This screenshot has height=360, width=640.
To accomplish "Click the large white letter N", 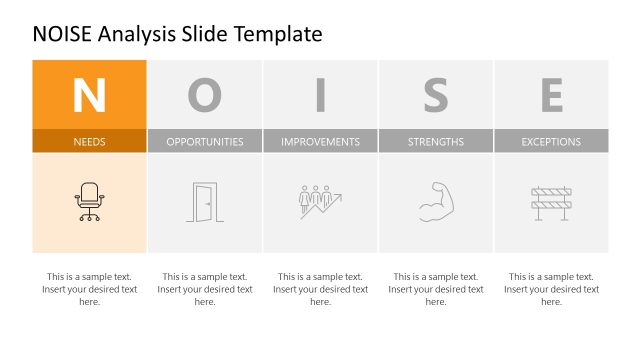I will (89, 95).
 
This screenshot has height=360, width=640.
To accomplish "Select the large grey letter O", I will (205, 95).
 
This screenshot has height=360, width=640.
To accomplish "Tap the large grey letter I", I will (320, 95).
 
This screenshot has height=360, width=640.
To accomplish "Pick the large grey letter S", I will (436, 95).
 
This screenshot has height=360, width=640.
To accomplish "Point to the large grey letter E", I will (551, 95).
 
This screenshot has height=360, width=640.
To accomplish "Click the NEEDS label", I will (89, 141).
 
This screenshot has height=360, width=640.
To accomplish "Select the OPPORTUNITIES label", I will (205, 141).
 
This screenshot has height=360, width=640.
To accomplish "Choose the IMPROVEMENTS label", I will (320, 141).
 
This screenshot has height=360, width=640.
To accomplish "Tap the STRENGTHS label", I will (436, 141).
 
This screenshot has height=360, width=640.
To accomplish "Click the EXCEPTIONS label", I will (551, 141).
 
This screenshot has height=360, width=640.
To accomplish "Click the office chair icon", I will (89, 201).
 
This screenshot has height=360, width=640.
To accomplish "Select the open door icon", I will (204, 202).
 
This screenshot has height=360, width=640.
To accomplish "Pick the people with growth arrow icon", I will (320, 201).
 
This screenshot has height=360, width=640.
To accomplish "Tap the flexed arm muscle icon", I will (436, 201).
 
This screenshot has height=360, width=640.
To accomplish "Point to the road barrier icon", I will (551, 202).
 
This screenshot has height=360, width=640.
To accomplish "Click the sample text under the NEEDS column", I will (89, 289).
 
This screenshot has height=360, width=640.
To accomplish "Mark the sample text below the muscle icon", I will (436, 289).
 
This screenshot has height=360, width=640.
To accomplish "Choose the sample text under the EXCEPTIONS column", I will (551, 289).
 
